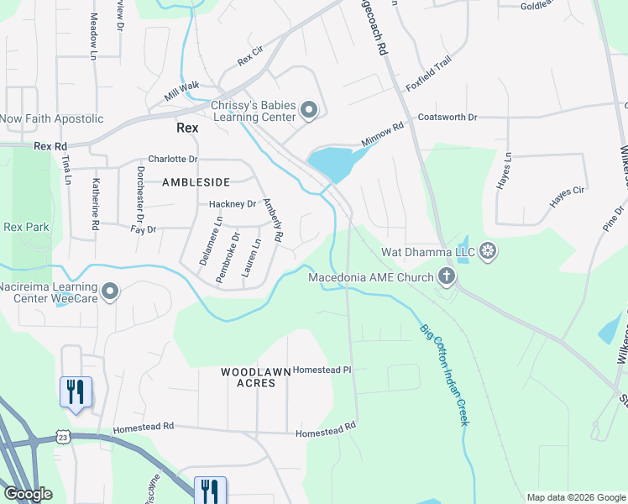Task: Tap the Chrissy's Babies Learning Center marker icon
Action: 310,110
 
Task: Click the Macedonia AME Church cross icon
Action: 447,276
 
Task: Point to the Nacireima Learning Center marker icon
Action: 110,291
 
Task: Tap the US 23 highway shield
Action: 62,437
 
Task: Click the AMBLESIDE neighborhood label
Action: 196,181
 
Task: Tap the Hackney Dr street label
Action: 233,204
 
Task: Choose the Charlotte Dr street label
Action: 172,159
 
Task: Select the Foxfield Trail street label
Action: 434,76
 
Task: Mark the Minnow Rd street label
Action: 383,134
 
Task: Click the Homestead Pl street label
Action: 322,369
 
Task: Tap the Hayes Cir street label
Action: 567,197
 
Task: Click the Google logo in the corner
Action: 28,494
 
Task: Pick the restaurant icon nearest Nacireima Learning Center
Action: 76,391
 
